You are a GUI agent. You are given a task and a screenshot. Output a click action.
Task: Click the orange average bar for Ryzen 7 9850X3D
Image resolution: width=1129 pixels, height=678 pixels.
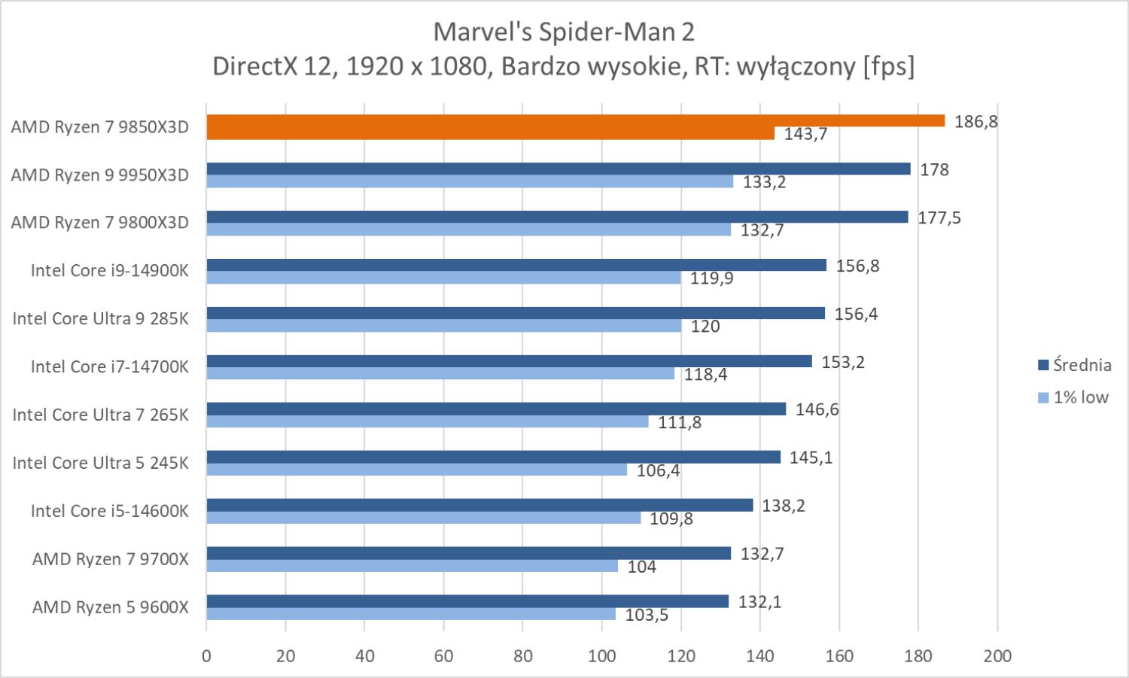coord(575,120)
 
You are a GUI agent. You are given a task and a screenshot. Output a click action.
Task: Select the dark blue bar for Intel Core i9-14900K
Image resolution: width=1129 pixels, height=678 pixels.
coord(516,265)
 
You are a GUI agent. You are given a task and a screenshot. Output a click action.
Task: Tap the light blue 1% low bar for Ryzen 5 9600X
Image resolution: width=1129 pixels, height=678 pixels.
coord(410,614)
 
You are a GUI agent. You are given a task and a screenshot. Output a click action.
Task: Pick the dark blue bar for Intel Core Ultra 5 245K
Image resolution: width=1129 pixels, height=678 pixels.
coord(493,457)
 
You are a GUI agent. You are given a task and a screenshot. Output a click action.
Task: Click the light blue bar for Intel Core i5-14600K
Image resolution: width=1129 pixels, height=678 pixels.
coord(423,518)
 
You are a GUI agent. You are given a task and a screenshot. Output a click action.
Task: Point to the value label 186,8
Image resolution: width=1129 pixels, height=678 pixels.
coord(975,121)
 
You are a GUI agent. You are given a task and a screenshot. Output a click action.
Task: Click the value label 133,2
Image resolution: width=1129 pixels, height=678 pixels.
coord(764,181)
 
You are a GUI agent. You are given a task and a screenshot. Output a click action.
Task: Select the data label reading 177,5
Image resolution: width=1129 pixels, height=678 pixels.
coord(939,218)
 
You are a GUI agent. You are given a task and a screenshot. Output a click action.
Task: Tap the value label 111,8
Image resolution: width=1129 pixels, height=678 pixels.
coord(680,422)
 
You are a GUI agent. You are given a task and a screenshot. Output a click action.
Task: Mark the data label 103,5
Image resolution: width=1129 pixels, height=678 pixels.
coord(647,615)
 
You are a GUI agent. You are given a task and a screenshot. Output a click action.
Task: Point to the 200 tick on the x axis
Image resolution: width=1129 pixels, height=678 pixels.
coord(997,655)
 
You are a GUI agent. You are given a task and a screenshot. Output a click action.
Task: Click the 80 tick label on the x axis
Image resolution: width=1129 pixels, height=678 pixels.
coord(522,655)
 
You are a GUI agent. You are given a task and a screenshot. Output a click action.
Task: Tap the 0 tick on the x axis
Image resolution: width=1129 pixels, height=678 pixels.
coord(206,655)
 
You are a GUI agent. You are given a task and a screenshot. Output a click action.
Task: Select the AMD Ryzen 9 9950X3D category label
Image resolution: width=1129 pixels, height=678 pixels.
coord(99,175)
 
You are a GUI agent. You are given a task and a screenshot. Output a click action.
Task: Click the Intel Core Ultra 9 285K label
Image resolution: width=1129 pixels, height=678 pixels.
coord(100,319)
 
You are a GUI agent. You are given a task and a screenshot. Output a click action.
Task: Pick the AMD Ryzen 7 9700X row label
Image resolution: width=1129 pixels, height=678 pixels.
coord(110,559)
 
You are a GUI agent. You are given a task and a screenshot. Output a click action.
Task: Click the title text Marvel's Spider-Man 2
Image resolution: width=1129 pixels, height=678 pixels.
coord(564,32)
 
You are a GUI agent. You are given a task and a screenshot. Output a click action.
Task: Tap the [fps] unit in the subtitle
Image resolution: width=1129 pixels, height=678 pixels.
coord(889,66)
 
